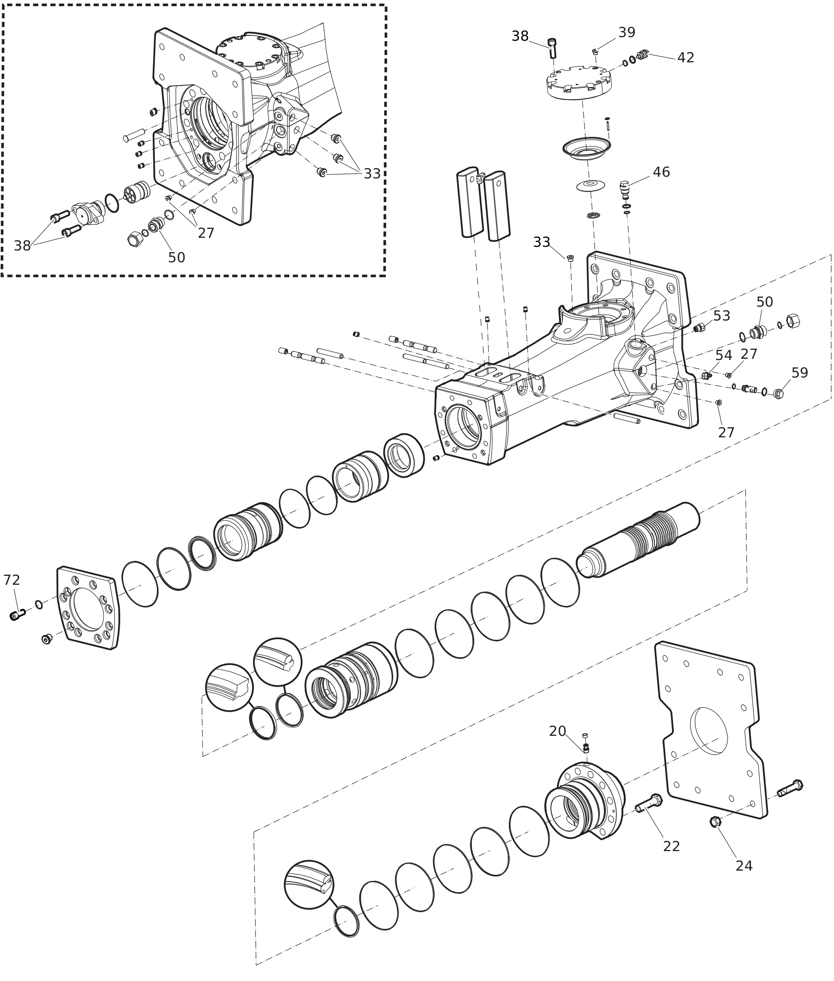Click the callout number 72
12,580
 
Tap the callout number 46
661,172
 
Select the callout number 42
686,58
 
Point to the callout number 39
627,33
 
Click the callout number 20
557,731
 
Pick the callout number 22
671,846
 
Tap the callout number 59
800,373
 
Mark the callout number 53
722,316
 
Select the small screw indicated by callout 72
17,615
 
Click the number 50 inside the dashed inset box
177,257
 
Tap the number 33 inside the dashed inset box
372,174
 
